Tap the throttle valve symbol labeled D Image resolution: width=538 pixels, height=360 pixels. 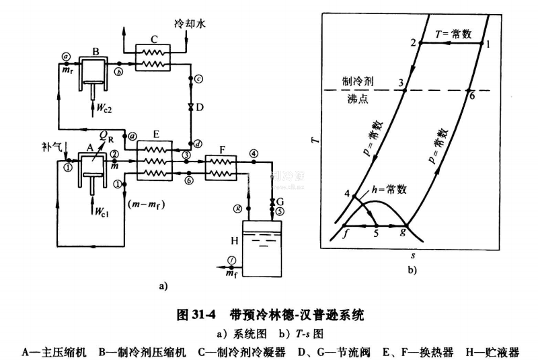(190, 108)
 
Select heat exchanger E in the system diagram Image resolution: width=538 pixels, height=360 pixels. (155, 161)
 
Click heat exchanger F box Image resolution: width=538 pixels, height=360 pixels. (220, 165)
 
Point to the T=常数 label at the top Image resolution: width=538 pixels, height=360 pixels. (451, 32)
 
